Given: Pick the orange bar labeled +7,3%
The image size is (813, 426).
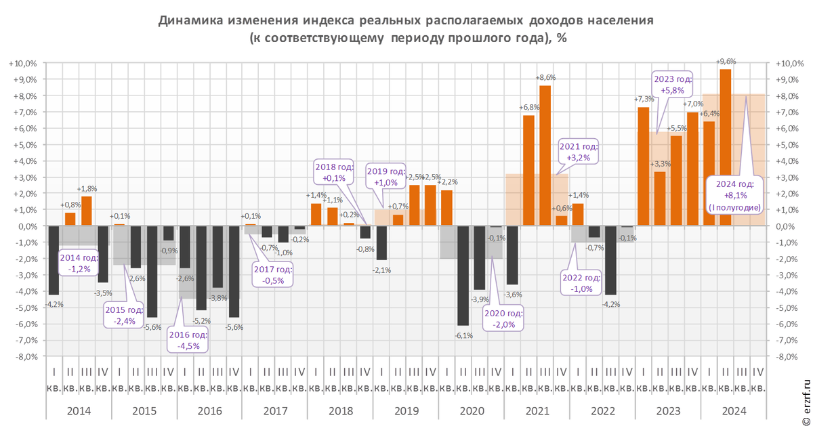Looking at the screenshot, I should [644, 166].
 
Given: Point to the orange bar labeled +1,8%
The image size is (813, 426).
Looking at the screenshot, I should [87, 211].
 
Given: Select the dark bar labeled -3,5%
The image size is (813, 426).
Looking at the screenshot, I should [103, 254].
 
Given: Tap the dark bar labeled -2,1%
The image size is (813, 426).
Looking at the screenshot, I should [381, 242].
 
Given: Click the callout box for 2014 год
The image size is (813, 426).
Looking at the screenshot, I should [79, 263].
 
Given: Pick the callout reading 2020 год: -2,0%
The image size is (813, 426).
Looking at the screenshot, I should [503, 319].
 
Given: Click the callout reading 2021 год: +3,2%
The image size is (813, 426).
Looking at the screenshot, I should [577, 152].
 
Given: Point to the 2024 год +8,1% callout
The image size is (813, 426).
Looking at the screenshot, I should [734, 196].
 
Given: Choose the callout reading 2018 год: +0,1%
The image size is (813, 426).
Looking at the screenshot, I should [330, 172].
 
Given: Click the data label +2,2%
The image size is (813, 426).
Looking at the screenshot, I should [447, 182].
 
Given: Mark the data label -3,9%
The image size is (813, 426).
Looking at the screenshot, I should [480, 299].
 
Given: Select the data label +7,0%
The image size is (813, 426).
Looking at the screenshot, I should [692, 104].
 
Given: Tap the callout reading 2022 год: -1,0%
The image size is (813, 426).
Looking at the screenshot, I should [581, 283].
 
